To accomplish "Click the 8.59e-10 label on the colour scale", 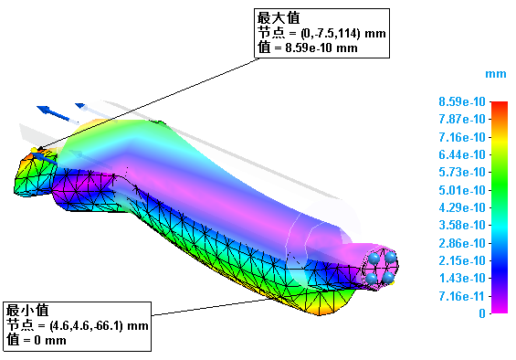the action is [x=462, y=101].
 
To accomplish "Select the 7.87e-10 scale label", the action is [x=462, y=119].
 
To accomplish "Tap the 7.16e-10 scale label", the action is [x=462, y=137].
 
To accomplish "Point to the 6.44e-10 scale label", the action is [x=462, y=154].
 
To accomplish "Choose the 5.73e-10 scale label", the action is [x=462, y=172].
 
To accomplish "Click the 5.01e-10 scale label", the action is [x=462, y=190].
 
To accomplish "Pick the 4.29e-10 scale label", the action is [x=462, y=207].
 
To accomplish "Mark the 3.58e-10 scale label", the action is [x=462, y=226].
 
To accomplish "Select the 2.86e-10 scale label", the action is [x=462, y=243].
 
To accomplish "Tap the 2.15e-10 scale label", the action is [x=462, y=260].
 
